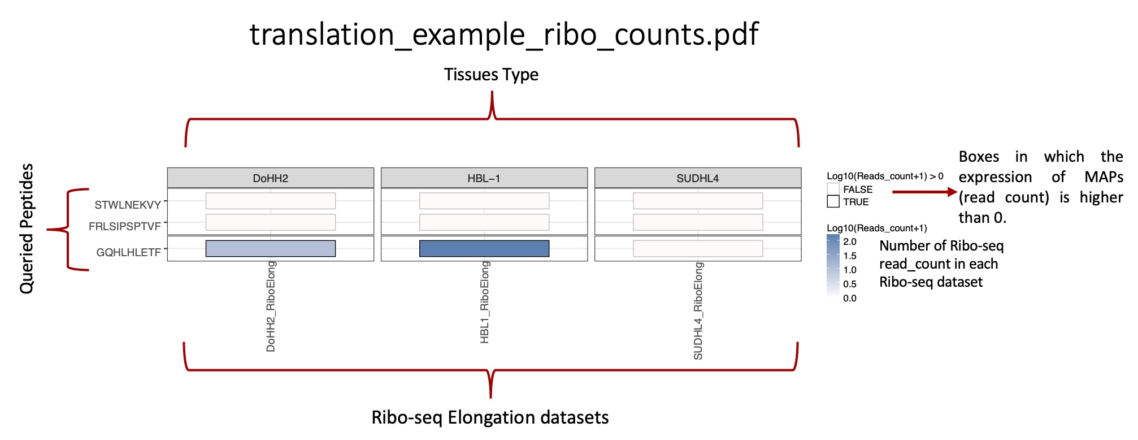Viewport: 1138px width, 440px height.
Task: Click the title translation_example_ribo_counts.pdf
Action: point(503,34)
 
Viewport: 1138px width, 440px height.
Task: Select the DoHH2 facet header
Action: point(271,178)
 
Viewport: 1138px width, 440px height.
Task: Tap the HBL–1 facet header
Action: point(484,178)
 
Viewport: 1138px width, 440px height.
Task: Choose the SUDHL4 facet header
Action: point(698,178)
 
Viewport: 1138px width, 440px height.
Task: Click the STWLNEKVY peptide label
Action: point(128,205)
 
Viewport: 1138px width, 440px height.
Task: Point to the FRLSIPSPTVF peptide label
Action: point(125,226)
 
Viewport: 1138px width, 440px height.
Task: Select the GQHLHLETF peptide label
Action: point(129,252)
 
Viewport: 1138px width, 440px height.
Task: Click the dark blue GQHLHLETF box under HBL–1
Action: point(484,248)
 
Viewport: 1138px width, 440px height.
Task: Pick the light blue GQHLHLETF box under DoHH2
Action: point(271,248)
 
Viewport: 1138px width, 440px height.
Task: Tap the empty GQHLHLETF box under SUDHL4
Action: point(698,248)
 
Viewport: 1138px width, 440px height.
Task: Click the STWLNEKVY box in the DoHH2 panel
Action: point(271,201)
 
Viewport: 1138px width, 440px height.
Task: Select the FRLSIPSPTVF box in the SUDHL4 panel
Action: point(698,222)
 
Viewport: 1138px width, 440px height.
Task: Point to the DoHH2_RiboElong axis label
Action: point(271,307)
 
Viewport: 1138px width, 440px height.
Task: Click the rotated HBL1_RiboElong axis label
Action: point(484,303)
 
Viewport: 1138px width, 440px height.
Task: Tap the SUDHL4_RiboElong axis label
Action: point(698,311)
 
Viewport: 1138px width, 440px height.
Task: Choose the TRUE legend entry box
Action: point(833,201)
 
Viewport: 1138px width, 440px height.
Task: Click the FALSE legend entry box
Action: point(833,189)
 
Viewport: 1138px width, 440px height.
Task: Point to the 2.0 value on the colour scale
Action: point(850,241)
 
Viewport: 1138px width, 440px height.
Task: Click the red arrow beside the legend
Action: point(925,192)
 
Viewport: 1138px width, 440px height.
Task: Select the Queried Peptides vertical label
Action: point(27,228)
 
